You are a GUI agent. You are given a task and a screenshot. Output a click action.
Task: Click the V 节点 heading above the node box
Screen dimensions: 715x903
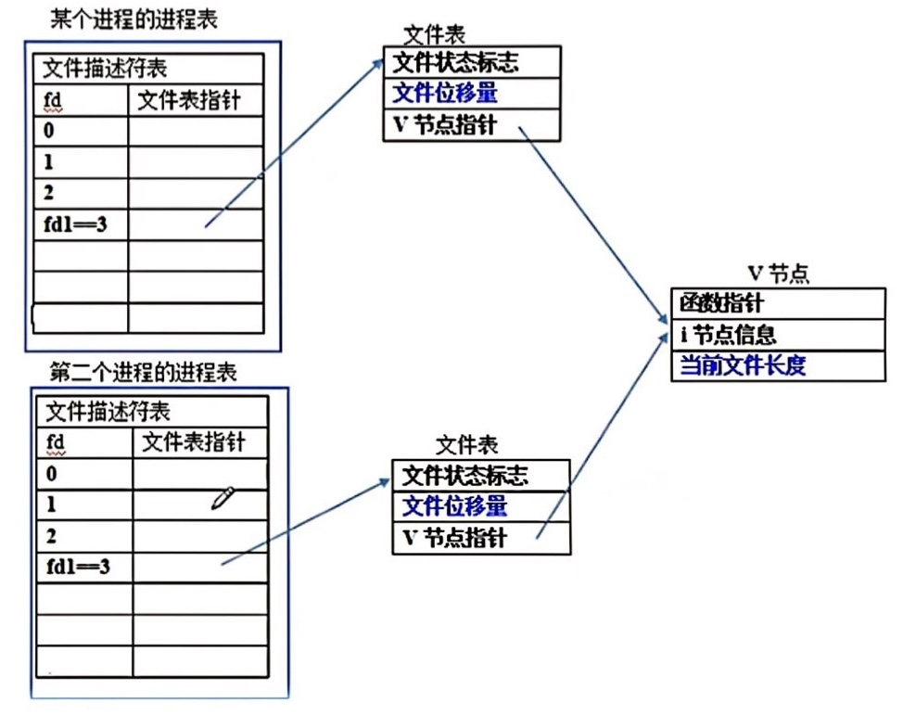click(778, 273)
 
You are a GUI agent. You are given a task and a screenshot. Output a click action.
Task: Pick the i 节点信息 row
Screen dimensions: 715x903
click(728, 334)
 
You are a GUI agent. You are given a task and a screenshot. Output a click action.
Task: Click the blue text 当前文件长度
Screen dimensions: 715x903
click(743, 364)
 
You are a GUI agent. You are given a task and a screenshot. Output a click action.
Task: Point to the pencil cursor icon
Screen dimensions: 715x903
click(223, 499)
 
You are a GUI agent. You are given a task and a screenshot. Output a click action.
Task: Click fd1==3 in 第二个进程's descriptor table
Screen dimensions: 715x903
click(79, 566)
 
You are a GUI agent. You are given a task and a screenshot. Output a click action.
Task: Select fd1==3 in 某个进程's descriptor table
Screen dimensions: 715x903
click(73, 223)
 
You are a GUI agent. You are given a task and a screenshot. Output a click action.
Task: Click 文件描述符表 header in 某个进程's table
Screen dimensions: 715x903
click(101, 69)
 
